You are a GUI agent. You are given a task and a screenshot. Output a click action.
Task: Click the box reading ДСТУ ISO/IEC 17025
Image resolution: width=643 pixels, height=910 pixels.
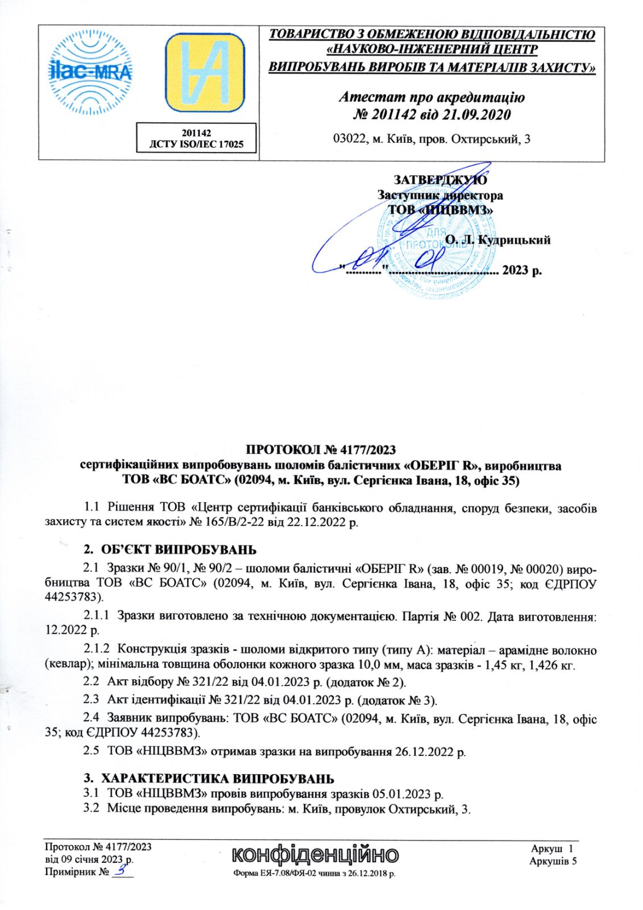pos(196,144)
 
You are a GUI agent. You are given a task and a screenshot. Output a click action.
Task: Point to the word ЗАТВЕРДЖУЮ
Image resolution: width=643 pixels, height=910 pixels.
pos(441,180)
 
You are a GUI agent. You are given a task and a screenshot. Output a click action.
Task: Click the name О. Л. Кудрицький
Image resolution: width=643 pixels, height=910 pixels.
pos(498,240)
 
